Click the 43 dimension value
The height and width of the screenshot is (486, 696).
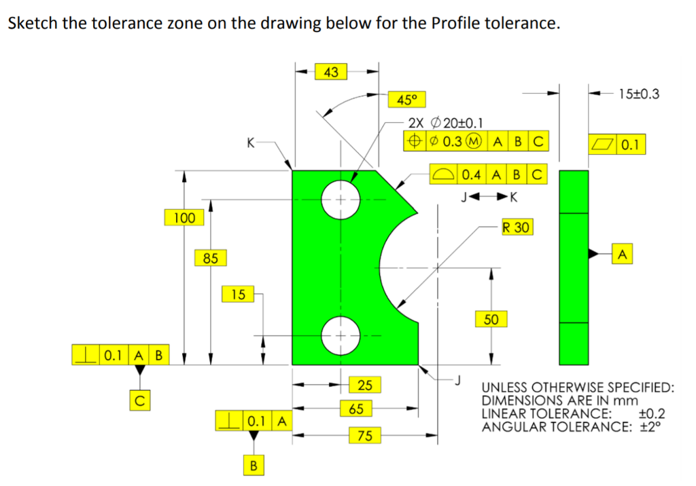click(x=332, y=71)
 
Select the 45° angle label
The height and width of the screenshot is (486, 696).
click(x=406, y=100)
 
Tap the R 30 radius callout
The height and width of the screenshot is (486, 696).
click(x=517, y=227)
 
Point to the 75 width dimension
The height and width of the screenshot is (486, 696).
click(x=365, y=435)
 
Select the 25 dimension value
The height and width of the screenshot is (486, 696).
click(x=365, y=386)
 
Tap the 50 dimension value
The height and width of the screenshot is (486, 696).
click(x=491, y=319)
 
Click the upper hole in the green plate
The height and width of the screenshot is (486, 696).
click(x=340, y=200)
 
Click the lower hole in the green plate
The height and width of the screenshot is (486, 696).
click(x=340, y=335)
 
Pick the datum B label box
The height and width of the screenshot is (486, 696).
click(x=254, y=466)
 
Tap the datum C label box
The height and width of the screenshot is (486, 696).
click(x=139, y=400)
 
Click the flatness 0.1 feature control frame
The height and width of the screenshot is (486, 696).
click(x=617, y=144)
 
